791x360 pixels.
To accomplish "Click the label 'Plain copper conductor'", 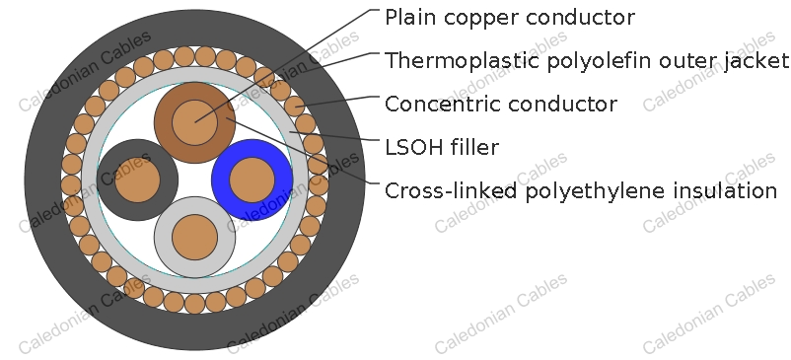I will point(509,18).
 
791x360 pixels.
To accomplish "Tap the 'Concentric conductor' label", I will point(501,104).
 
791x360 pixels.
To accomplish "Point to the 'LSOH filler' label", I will point(441,148).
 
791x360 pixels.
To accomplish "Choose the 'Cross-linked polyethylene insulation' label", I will point(580,191).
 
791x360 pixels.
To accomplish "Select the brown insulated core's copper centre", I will point(194,122).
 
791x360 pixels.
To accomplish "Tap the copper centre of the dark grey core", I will point(136,181).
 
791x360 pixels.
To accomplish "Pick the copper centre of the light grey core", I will point(194,238).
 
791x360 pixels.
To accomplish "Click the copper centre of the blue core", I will point(252,180).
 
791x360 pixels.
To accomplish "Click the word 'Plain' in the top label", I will point(408,18).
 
